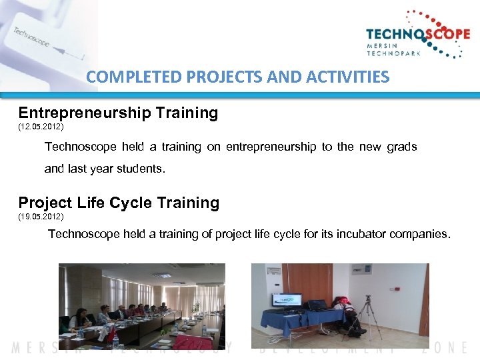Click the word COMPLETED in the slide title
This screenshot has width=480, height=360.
pyautogui.click(x=126, y=77)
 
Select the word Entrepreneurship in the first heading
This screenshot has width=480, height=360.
pyautogui.click(x=85, y=113)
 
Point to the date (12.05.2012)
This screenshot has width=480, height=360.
pyautogui.click(x=41, y=126)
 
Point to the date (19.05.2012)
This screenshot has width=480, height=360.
pyautogui.click(x=41, y=217)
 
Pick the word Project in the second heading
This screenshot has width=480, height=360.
pyautogui.click(x=45, y=203)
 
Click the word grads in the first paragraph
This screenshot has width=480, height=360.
pyautogui.click(x=401, y=147)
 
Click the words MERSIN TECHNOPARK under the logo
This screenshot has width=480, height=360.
pyautogui.click(x=393, y=50)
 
